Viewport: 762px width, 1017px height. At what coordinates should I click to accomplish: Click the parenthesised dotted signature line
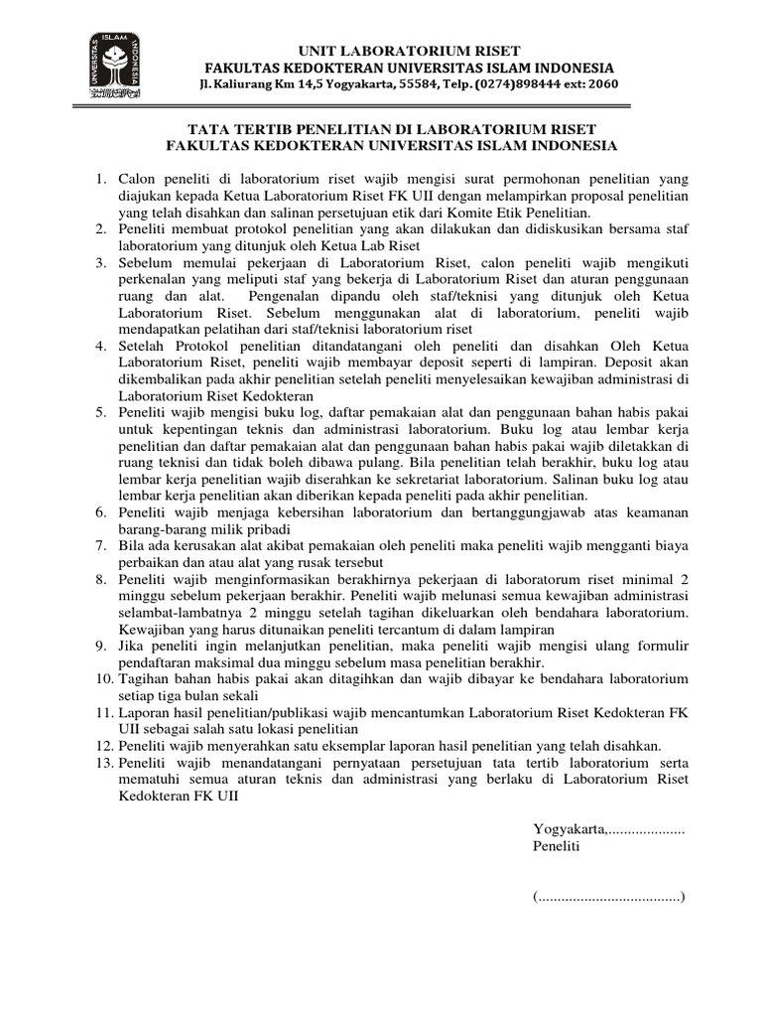pos(609,897)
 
